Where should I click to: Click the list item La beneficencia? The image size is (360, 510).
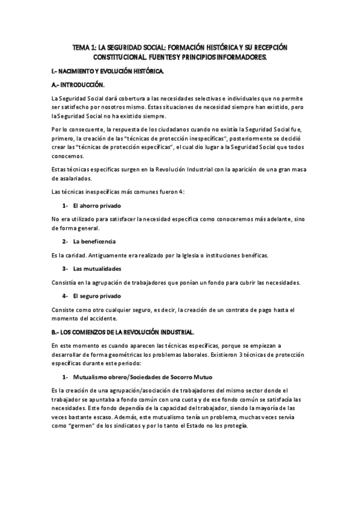point(94,241)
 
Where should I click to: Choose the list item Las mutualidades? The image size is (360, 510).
point(97,268)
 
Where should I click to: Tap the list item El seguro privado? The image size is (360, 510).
point(97,296)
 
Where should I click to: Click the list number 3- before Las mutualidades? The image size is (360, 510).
point(65,268)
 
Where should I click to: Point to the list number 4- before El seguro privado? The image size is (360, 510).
point(65,296)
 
